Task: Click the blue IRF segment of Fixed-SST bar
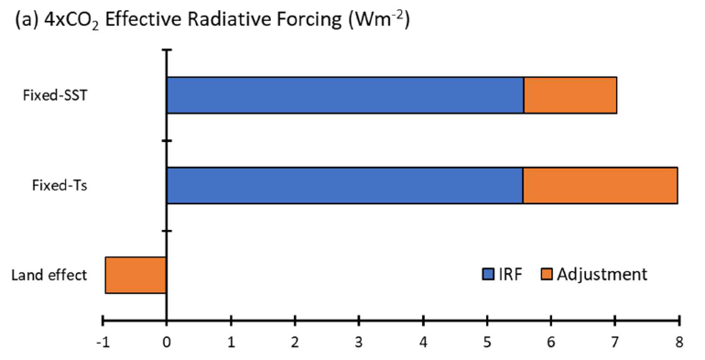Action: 344,94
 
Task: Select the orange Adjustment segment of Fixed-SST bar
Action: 569,94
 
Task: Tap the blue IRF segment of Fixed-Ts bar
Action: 344,185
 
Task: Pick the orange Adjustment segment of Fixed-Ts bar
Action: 600,185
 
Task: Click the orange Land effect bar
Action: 136,275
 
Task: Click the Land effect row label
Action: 49,275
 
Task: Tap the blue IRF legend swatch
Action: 488,274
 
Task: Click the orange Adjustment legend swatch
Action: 547,274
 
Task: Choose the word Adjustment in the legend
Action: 602,274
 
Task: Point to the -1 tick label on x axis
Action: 102,342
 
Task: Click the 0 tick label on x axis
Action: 167,342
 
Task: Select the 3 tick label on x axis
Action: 359,342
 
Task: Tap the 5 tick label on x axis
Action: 487,342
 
